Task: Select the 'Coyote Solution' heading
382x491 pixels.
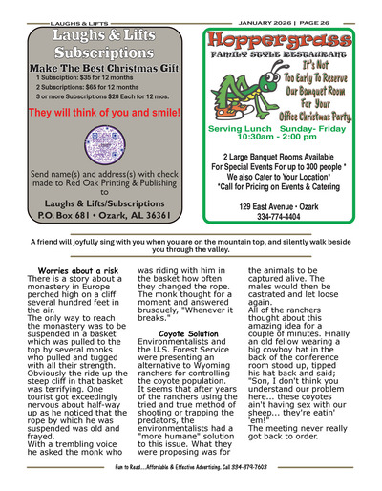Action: coord(186,333)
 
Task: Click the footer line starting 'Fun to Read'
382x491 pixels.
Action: coord(191,480)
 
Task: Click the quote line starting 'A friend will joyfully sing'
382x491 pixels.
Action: coord(191,244)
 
